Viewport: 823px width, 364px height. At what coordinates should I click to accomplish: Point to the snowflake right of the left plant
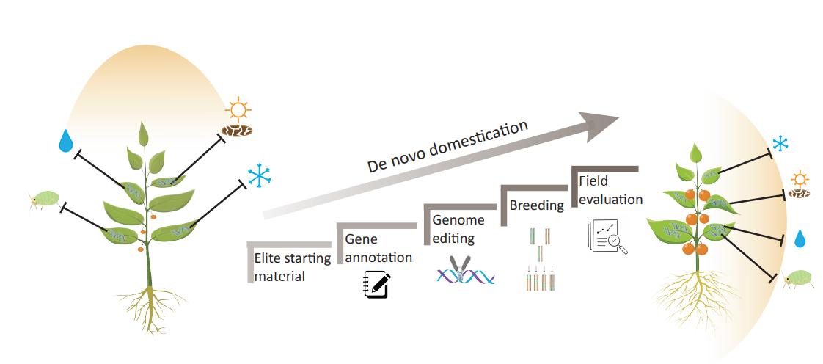tap(258, 175)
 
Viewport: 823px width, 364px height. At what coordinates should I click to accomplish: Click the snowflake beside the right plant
tap(779, 144)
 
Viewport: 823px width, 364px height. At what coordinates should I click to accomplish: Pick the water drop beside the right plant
tap(800, 239)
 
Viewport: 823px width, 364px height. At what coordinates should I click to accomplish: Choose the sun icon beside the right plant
tap(800, 180)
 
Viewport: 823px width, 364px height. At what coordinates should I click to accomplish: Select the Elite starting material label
tap(292, 267)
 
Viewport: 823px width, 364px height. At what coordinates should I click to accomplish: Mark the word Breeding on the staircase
tap(537, 205)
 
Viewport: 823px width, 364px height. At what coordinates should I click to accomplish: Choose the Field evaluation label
tap(610, 190)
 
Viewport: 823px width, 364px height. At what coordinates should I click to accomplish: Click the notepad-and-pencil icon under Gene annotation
tap(376, 284)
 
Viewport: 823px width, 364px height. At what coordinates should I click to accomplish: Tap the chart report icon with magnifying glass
tap(608, 237)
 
